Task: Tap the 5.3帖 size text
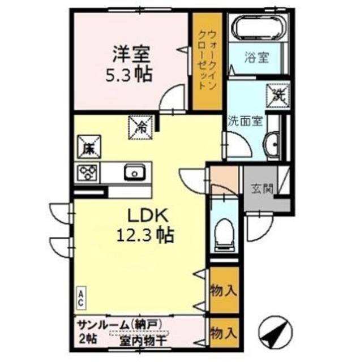(130, 75)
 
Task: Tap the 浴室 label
(256, 57)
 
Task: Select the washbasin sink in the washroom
(273, 144)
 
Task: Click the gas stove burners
(88, 171)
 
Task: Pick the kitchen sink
(135, 171)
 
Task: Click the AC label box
(81, 298)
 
